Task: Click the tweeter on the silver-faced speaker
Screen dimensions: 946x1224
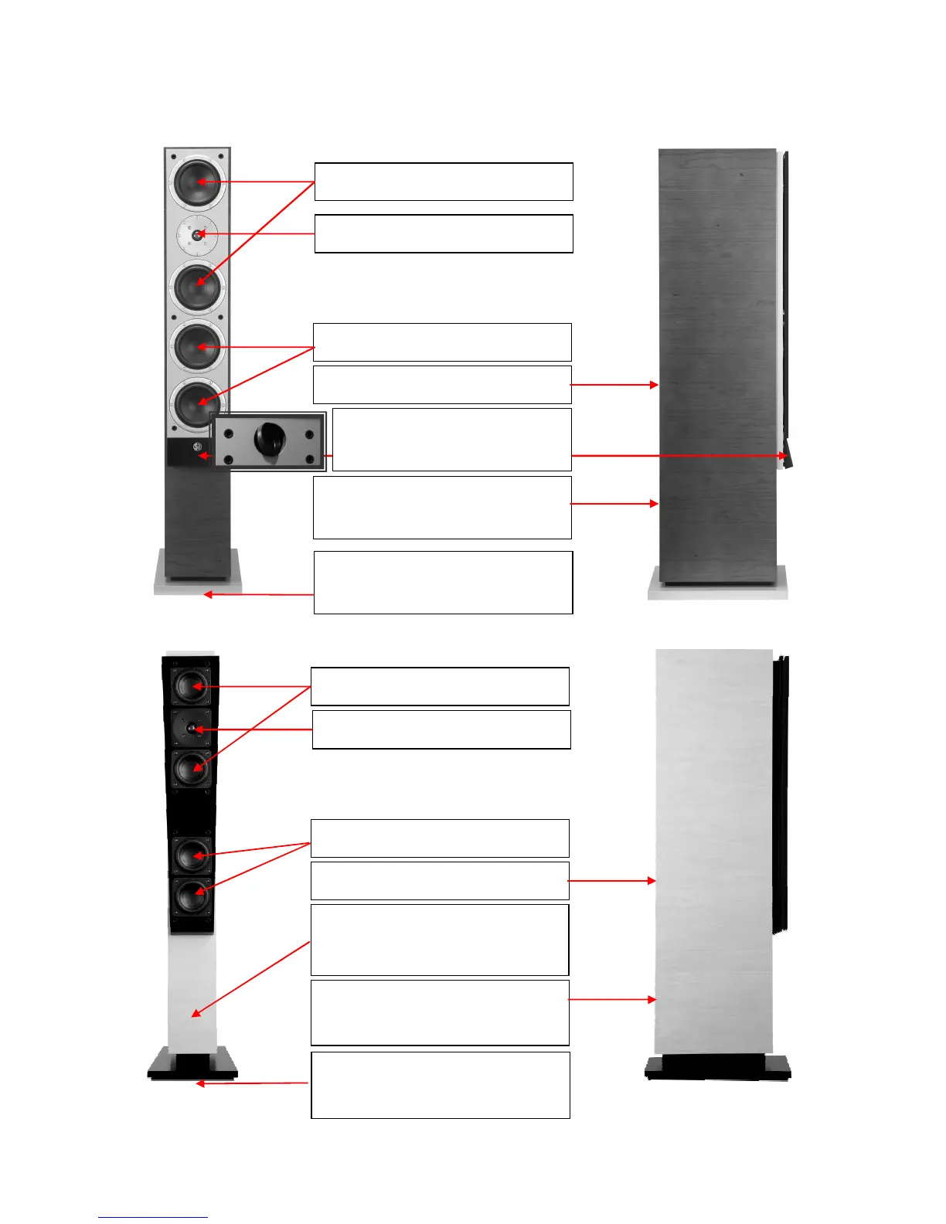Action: pyautogui.click(x=198, y=233)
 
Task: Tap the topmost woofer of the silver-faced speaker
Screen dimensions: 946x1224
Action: pyautogui.click(x=198, y=182)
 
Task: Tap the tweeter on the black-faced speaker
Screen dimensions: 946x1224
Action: pyautogui.click(x=191, y=729)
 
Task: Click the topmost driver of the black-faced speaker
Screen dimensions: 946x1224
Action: pyautogui.click(x=191, y=685)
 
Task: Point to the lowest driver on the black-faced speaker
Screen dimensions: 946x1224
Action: pyautogui.click(x=191, y=896)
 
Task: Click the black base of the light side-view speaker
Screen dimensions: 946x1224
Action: pyautogui.click(x=718, y=1068)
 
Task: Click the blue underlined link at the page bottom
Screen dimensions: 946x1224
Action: pyautogui.click(x=152, y=1217)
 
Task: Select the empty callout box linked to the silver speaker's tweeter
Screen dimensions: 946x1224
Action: pyautogui.click(x=444, y=233)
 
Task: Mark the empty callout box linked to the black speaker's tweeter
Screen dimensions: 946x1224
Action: pyautogui.click(x=441, y=729)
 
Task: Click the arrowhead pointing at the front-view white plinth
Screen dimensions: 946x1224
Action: pyautogui.click(x=207, y=594)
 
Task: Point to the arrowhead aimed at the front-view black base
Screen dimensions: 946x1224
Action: pyautogui.click(x=199, y=1083)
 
